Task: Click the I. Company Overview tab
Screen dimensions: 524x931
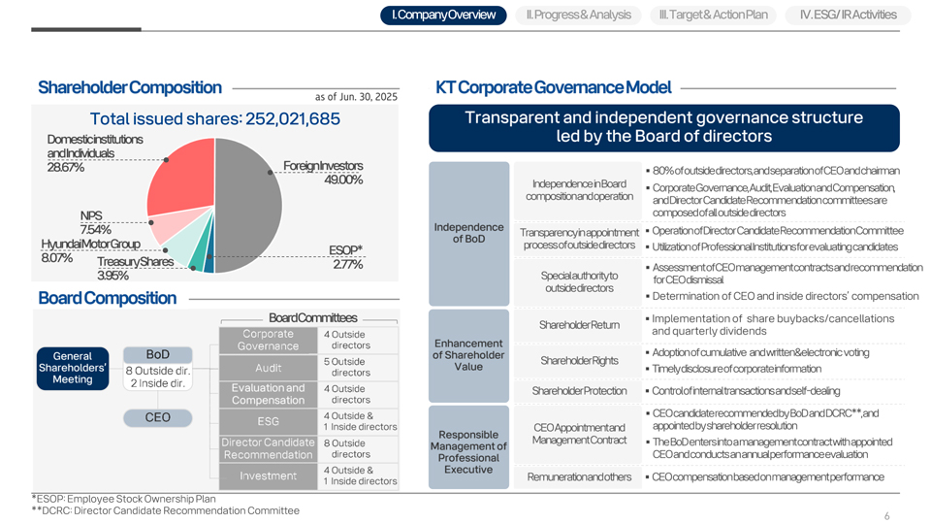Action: [x=443, y=15]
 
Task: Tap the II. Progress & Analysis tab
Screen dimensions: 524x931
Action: [x=577, y=15]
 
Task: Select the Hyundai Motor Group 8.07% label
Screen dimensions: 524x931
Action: [x=89, y=250]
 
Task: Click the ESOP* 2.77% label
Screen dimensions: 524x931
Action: [x=345, y=257]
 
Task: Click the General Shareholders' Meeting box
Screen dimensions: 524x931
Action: [x=73, y=367]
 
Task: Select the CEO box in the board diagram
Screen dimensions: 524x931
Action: [x=157, y=417]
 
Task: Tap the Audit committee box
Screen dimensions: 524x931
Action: [x=269, y=368]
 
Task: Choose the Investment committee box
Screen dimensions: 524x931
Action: [x=269, y=475]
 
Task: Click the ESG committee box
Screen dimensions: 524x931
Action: [x=269, y=421]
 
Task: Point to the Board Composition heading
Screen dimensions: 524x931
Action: [x=107, y=297]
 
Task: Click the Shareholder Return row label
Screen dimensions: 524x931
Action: [x=579, y=325]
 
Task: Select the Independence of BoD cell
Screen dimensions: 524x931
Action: [x=468, y=233]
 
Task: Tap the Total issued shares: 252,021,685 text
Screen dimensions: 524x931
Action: [x=214, y=118]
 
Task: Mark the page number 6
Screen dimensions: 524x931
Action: [x=886, y=516]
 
